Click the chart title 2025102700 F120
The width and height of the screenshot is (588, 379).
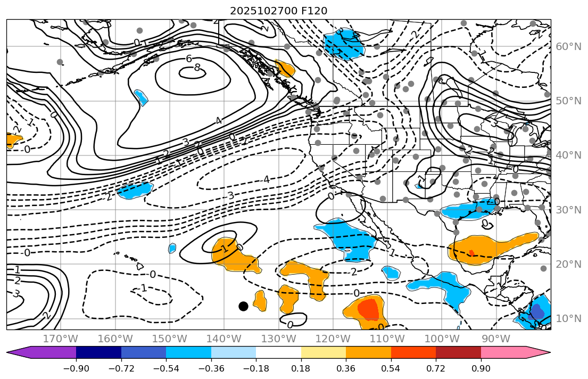278,11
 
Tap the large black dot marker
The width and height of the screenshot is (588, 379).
243,306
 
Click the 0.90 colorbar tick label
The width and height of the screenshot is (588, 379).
481,369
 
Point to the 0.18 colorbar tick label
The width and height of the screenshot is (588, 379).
301,369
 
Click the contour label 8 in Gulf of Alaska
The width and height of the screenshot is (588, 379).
197,68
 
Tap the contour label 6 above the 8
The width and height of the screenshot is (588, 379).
189,59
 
